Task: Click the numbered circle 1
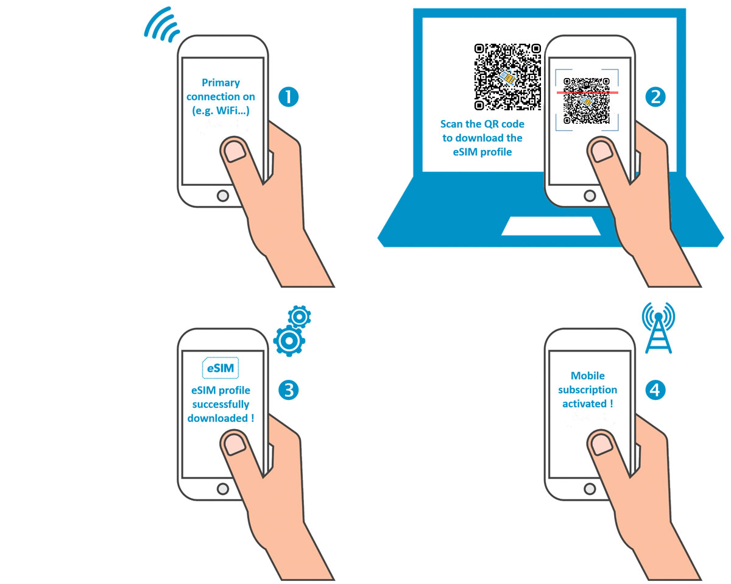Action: coord(288,97)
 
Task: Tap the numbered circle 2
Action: coord(655,97)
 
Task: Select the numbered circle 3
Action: coord(288,390)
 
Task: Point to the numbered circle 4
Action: coord(655,390)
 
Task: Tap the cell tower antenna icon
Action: coord(659,328)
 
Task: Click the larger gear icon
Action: coord(289,341)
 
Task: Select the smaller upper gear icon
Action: coord(299,317)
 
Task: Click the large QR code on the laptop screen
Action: coord(507,77)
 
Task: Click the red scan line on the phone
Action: coord(587,93)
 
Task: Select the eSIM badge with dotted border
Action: coord(221,368)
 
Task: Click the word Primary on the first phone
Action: coord(221,83)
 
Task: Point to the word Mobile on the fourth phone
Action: coord(588,376)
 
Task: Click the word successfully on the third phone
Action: coord(221,404)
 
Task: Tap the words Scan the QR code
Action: coord(482,124)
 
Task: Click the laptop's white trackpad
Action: coord(551,226)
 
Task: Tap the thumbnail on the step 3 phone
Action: coord(235,444)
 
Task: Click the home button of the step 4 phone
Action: coord(590,489)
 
